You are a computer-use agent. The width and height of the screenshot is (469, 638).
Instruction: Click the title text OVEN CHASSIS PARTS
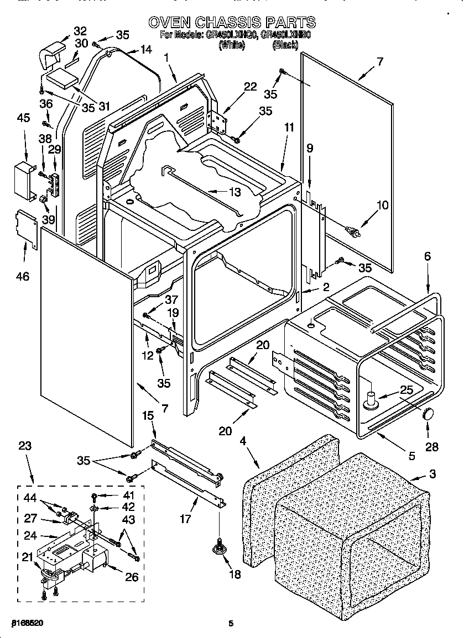pos(232,22)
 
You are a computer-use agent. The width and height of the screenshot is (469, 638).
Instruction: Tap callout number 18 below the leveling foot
pos(234,574)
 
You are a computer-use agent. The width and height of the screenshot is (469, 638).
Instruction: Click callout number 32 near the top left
pos(80,30)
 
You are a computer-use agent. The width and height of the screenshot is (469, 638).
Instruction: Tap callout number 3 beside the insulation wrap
pos(432,473)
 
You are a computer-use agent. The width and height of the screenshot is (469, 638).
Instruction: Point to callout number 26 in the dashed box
pos(131,577)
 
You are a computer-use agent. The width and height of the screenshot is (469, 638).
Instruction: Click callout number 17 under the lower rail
pos(186,519)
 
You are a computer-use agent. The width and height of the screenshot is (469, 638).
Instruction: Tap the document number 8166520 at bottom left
pos(27,623)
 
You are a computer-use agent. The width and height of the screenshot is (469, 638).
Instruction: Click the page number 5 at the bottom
pos(231,624)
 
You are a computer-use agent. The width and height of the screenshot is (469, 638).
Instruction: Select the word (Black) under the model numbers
pos(285,46)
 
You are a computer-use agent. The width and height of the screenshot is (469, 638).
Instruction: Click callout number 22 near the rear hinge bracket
pos(251,86)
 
